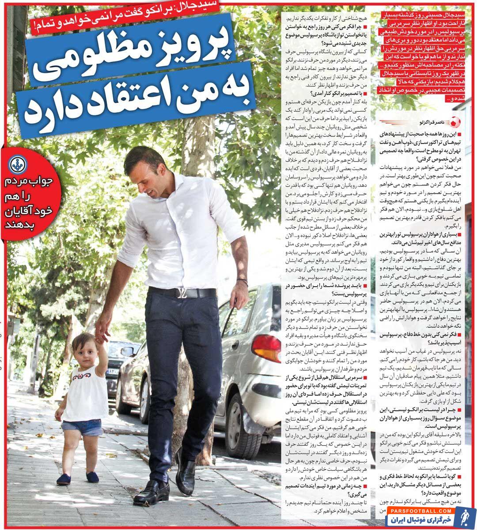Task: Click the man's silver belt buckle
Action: click(x=182, y=292)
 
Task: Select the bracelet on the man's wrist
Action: click(x=242, y=282)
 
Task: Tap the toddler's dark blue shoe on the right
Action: click(x=92, y=477)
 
